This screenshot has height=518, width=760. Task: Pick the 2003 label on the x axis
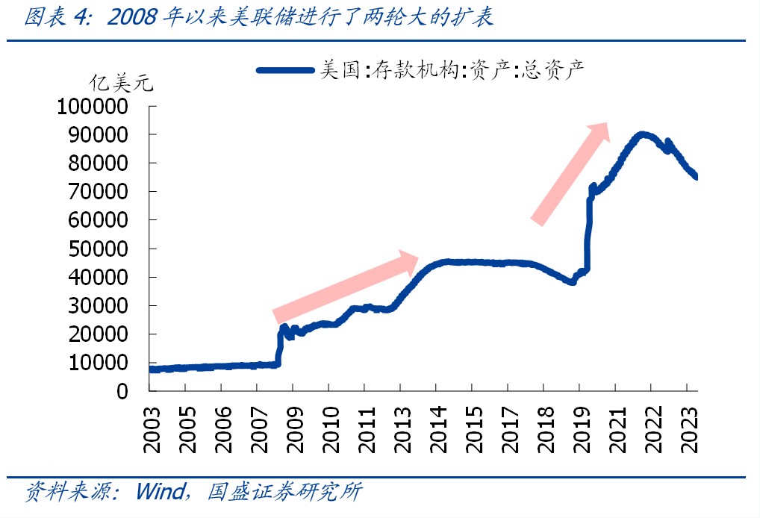(152, 429)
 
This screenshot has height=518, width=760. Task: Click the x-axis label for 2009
(296, 429)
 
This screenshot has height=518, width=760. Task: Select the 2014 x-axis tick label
(439, 429)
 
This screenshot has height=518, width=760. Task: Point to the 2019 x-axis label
(582, 429)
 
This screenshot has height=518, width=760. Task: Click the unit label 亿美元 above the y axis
(121, 83)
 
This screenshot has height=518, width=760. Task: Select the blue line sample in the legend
(285, 70)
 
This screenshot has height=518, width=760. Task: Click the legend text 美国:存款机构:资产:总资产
(451, 70)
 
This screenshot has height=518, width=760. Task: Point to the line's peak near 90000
(641, 135)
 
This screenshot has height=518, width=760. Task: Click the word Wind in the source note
(159, 492)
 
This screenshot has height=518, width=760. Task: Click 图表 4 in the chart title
(55, 17)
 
